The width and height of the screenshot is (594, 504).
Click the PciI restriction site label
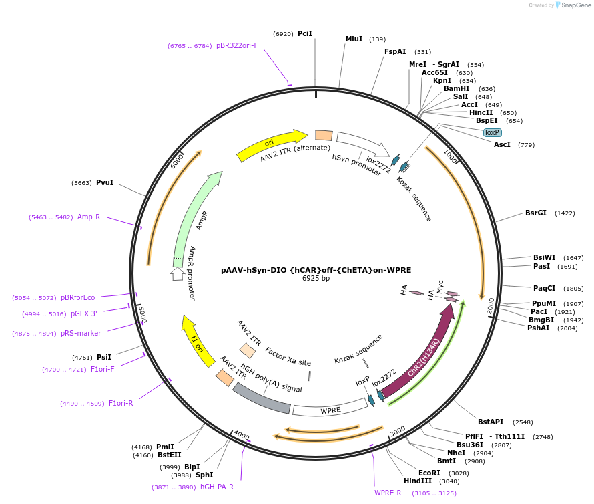click(x=305, y=33)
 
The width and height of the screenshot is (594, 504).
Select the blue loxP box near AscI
click(x=492, y=132)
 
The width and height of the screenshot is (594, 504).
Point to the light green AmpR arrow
click(x=194, y=214)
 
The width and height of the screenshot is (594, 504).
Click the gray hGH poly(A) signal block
click(x=261, y=399)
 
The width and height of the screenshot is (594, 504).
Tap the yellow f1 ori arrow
click(x=196, y=340)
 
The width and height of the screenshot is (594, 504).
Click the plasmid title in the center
click(x=316, y=270)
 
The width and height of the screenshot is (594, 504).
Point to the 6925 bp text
click(x=316, y=279)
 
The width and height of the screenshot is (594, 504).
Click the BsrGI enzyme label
click(x=535, y=213)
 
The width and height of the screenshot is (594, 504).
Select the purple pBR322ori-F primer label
click(x=237, y=46)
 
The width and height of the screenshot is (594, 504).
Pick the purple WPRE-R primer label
click(x=388, y=493)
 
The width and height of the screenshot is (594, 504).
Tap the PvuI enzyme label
click(x=105, y=182)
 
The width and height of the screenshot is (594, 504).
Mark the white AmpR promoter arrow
click(x=177, y=274)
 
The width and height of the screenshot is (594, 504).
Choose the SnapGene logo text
click(x=575, y=5)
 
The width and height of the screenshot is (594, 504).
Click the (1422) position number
click(x=565, y=213)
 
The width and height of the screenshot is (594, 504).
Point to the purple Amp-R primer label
click(x=89, y=217)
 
